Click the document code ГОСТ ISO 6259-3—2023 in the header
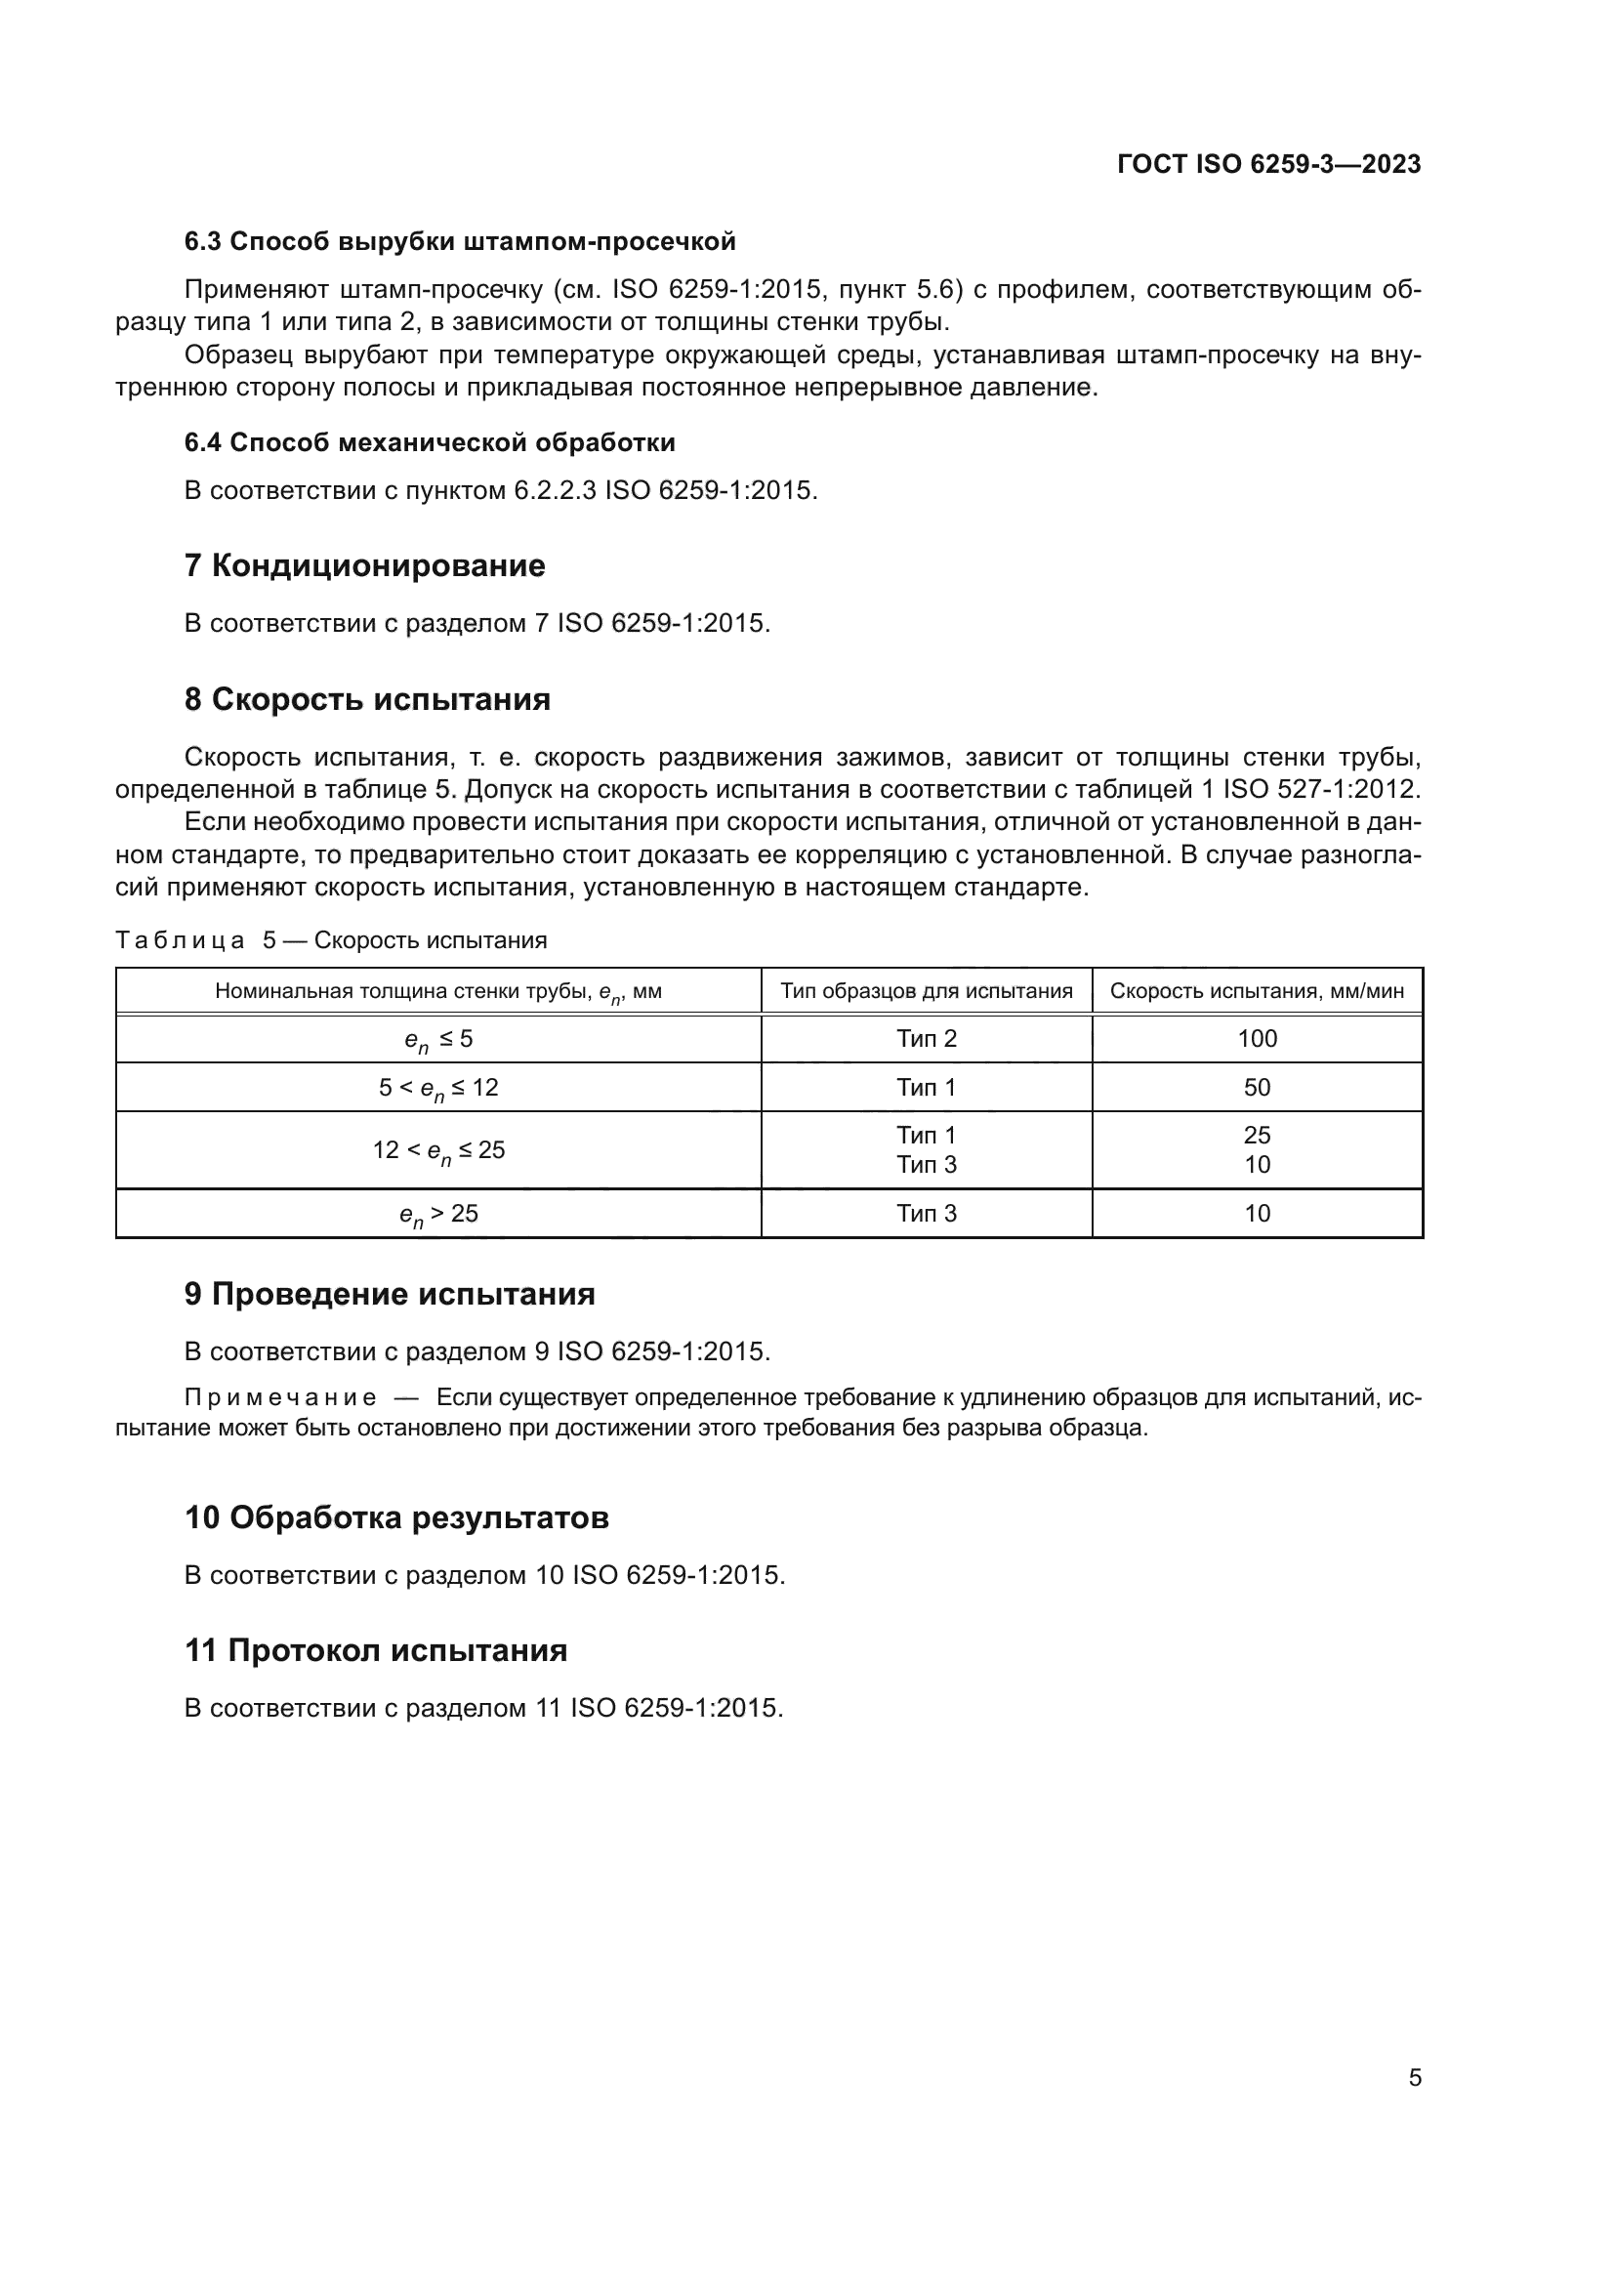tap(1269, 164)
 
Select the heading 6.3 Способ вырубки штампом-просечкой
tap(460, 242)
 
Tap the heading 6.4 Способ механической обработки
tap(430, 442)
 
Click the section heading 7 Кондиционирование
tap(365, 566)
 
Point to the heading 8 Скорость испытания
tap(367, 699)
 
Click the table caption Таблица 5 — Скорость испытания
tap(331, 940)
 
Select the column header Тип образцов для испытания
tap(926, 991)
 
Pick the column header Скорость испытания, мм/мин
tap(1257, 991)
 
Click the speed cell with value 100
tap(1257, 1039)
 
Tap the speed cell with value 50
tap(1257, 1087)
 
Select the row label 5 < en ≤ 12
tap(438, 1088)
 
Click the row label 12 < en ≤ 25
tap(438, 1151)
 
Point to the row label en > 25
tap(438, 1215)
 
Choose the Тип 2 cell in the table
tap(926, 1039)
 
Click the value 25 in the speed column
tap(1257, 1135)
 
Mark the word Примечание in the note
tap(280, 1398)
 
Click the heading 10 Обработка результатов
tap(395, 1518)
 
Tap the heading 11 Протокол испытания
tap(376, 1650)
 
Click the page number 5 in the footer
tap(1415, 2077)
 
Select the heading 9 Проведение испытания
tap(390, 1294)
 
